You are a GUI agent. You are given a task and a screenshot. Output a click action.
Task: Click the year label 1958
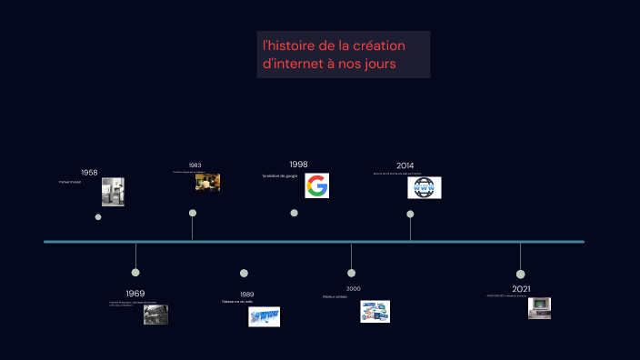click(x=89, y=173)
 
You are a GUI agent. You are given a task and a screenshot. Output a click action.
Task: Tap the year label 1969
click(x=135, y=294)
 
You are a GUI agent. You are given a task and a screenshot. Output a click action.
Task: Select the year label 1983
click(x=195, y=165)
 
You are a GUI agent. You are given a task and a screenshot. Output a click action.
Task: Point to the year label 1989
click(x=247, y=295)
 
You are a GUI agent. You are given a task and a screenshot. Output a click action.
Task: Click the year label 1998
click(x=298, y=165)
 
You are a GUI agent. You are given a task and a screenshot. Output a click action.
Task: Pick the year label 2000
click(x=353, y=288)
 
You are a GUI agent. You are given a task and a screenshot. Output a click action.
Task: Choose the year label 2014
click(x=405, y=165)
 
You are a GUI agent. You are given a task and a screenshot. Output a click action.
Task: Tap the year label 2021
click(x=521, y=288)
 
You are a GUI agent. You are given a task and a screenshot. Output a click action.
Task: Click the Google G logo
click(x=316, y=186)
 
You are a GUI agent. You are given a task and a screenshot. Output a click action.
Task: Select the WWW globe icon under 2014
click(x=425, y=188)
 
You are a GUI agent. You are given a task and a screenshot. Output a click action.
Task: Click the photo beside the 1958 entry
click(x=113, y=192)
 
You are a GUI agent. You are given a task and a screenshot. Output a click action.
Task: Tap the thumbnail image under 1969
click(x=155, y=315)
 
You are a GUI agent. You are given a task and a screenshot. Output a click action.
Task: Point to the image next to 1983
click(x=207, y=182)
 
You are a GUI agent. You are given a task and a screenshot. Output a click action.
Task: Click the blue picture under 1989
click(x=264, y=316)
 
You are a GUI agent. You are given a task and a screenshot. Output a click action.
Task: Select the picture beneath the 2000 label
click(x=375, y=312)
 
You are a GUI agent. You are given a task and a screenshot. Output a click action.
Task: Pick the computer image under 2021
click(x=539, y=308)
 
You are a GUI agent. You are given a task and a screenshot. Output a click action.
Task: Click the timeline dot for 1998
click(x=294, y=213)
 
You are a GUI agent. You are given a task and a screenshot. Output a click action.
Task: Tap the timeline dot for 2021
click(x=520, y=274)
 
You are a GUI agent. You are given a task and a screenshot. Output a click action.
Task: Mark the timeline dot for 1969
click(x=135, y=272)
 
